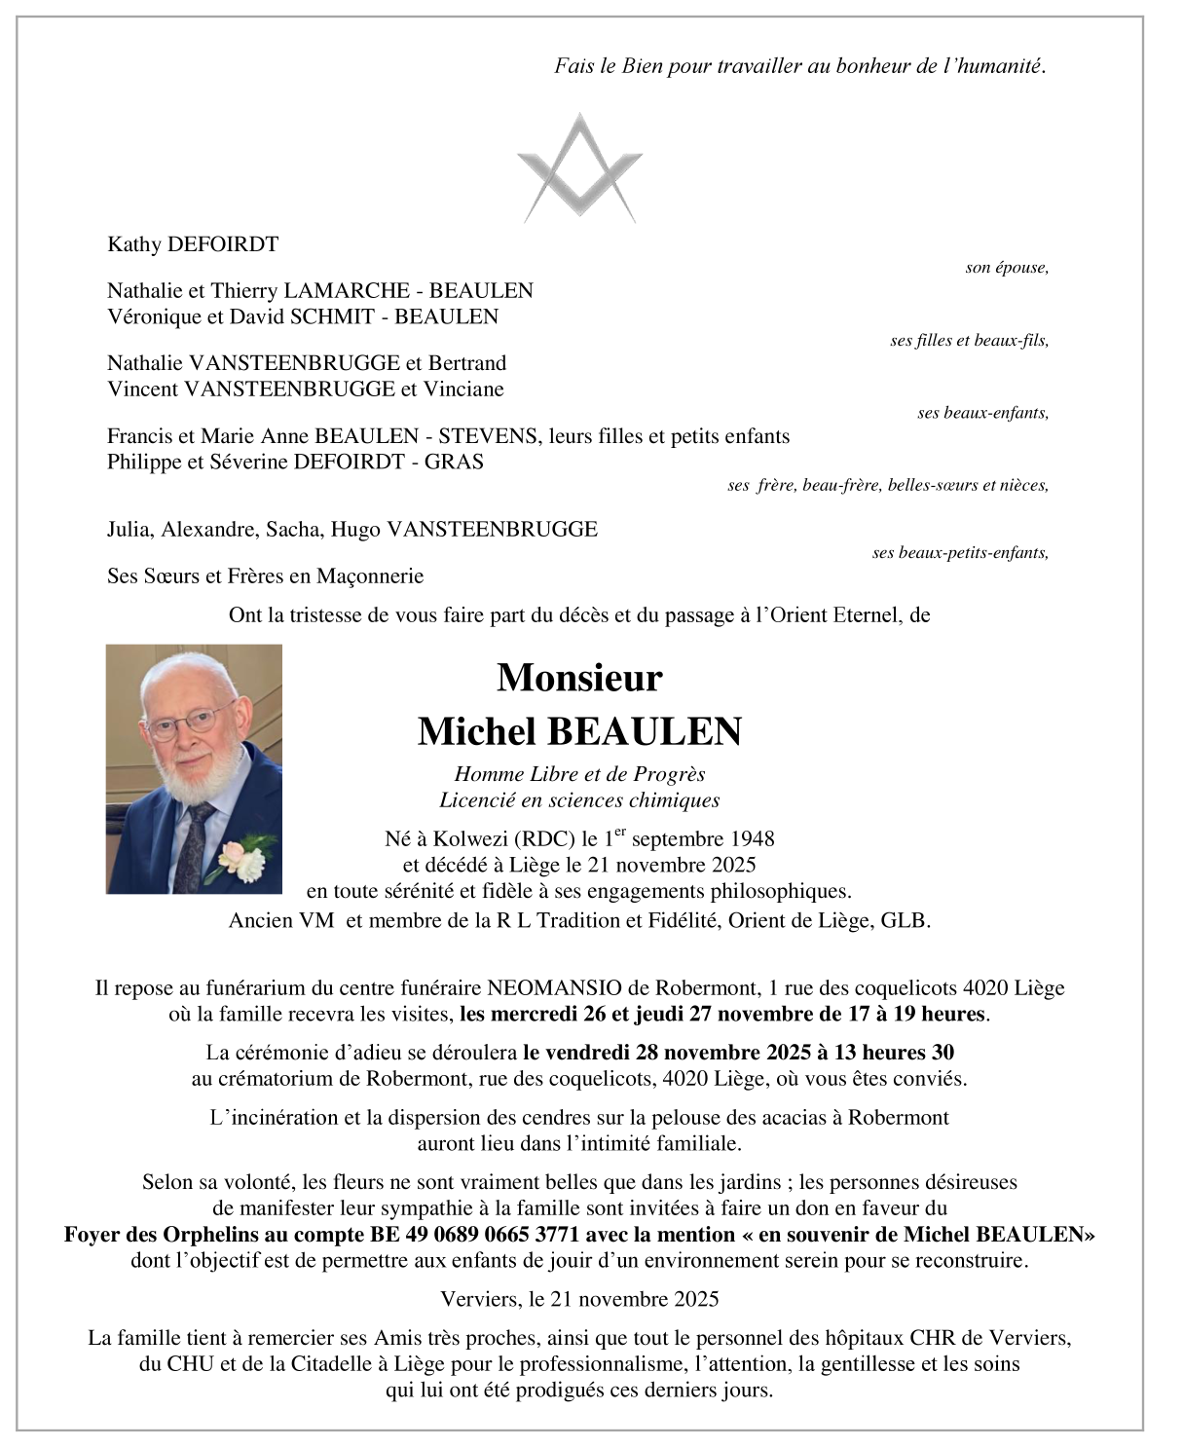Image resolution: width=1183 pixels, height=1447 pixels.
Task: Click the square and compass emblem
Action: coord(580,167)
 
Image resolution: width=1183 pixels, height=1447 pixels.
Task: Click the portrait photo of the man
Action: coord(194,768)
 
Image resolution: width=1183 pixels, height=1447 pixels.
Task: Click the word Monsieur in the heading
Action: coord(579,678)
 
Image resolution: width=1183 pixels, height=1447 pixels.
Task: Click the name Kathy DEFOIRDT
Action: coord(193,244)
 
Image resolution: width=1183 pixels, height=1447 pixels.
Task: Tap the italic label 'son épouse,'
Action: coord(1006,268)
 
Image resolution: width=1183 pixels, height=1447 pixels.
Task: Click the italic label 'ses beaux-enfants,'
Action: coord(982,413)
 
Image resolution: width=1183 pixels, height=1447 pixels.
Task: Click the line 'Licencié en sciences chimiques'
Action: coord(579,800)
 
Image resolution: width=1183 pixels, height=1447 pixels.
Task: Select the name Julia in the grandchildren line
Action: coord(129,530)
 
